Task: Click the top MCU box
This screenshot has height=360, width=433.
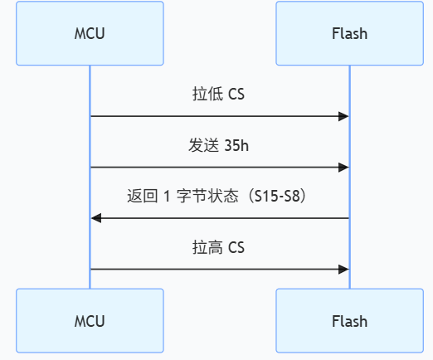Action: tap(90, 34)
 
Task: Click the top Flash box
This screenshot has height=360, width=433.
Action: tap(349, 34)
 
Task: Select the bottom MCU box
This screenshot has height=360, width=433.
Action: tap(90, 321)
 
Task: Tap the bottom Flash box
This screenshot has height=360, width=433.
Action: tap(349, 321)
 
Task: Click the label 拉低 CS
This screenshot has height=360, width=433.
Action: tap(219, 95)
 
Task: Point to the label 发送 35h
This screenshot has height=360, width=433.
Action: tap(219, 146)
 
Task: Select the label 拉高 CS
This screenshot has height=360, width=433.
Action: tap(219, 247)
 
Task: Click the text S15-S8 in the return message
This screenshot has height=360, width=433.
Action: tap(280, 197)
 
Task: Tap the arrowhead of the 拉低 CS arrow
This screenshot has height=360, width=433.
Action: tap(343, 116)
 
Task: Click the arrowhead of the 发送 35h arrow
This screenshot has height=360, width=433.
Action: tap(343, 168)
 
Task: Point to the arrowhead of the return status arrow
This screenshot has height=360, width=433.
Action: tap(96, 218)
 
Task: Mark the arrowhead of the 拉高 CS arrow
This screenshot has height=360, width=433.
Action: tap(343, 270)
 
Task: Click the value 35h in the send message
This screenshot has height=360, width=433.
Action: tap(236, 146)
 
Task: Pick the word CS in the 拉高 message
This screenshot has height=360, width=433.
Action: tap(236, 247)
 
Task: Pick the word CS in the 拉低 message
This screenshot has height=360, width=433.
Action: tap(236, 95)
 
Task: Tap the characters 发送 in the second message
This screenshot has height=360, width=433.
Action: tap(203, 146)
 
